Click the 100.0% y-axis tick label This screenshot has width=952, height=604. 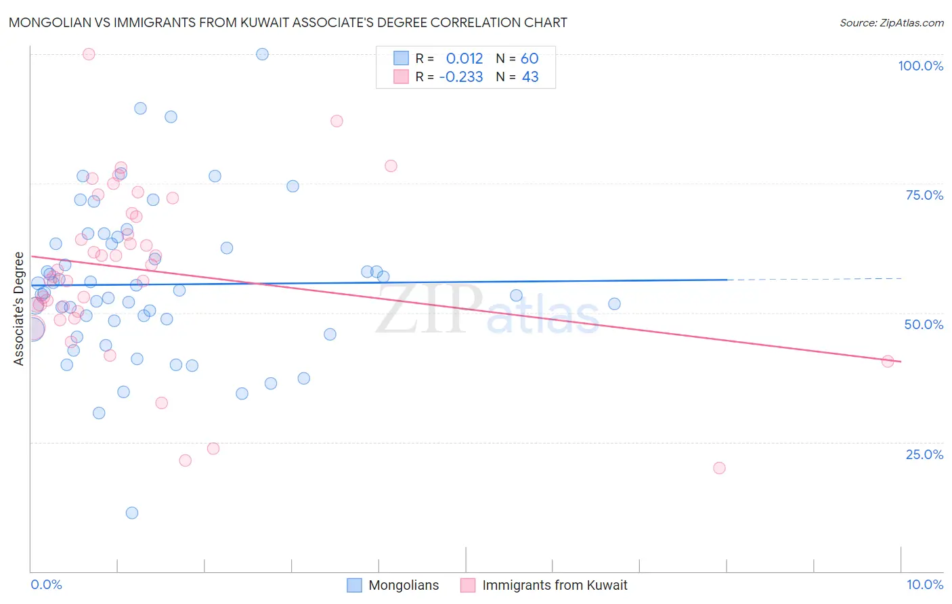coord(920,66)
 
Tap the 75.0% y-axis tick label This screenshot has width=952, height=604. coord(924,195)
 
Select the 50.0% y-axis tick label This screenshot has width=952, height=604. coord(924,324)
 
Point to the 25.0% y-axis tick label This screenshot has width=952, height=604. coord(924,454)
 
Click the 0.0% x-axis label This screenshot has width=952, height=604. coord(46,584)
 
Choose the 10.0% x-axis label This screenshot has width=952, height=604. coord(925,584)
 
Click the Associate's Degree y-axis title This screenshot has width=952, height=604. coord(19,309)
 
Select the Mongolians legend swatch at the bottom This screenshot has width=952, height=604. coord(354,585)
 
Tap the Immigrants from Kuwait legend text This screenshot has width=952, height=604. coord(555,585)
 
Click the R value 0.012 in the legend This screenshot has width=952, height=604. coord(464,59)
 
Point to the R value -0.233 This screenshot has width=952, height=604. coord(461,77)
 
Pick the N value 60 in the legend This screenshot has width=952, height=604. coord(529,59)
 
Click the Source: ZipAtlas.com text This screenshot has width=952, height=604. coord(891,23)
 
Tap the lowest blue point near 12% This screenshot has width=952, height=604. coord(132,513)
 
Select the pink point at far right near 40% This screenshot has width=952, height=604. coord(888,362)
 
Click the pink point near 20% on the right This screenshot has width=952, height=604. coord(719,468)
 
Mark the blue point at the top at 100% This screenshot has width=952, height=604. coord(262,54)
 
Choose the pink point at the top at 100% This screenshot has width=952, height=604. coord(88,54)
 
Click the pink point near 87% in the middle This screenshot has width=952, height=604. coord(337,121)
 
